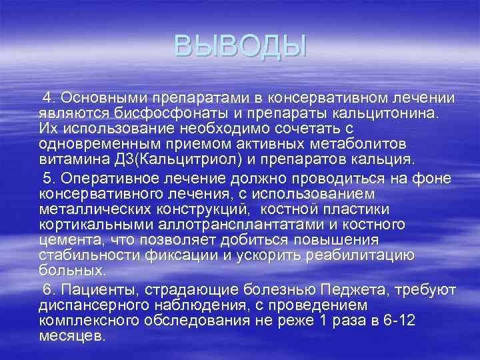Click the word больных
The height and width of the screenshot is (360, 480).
pyautogui.click(x=71, y=271)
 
